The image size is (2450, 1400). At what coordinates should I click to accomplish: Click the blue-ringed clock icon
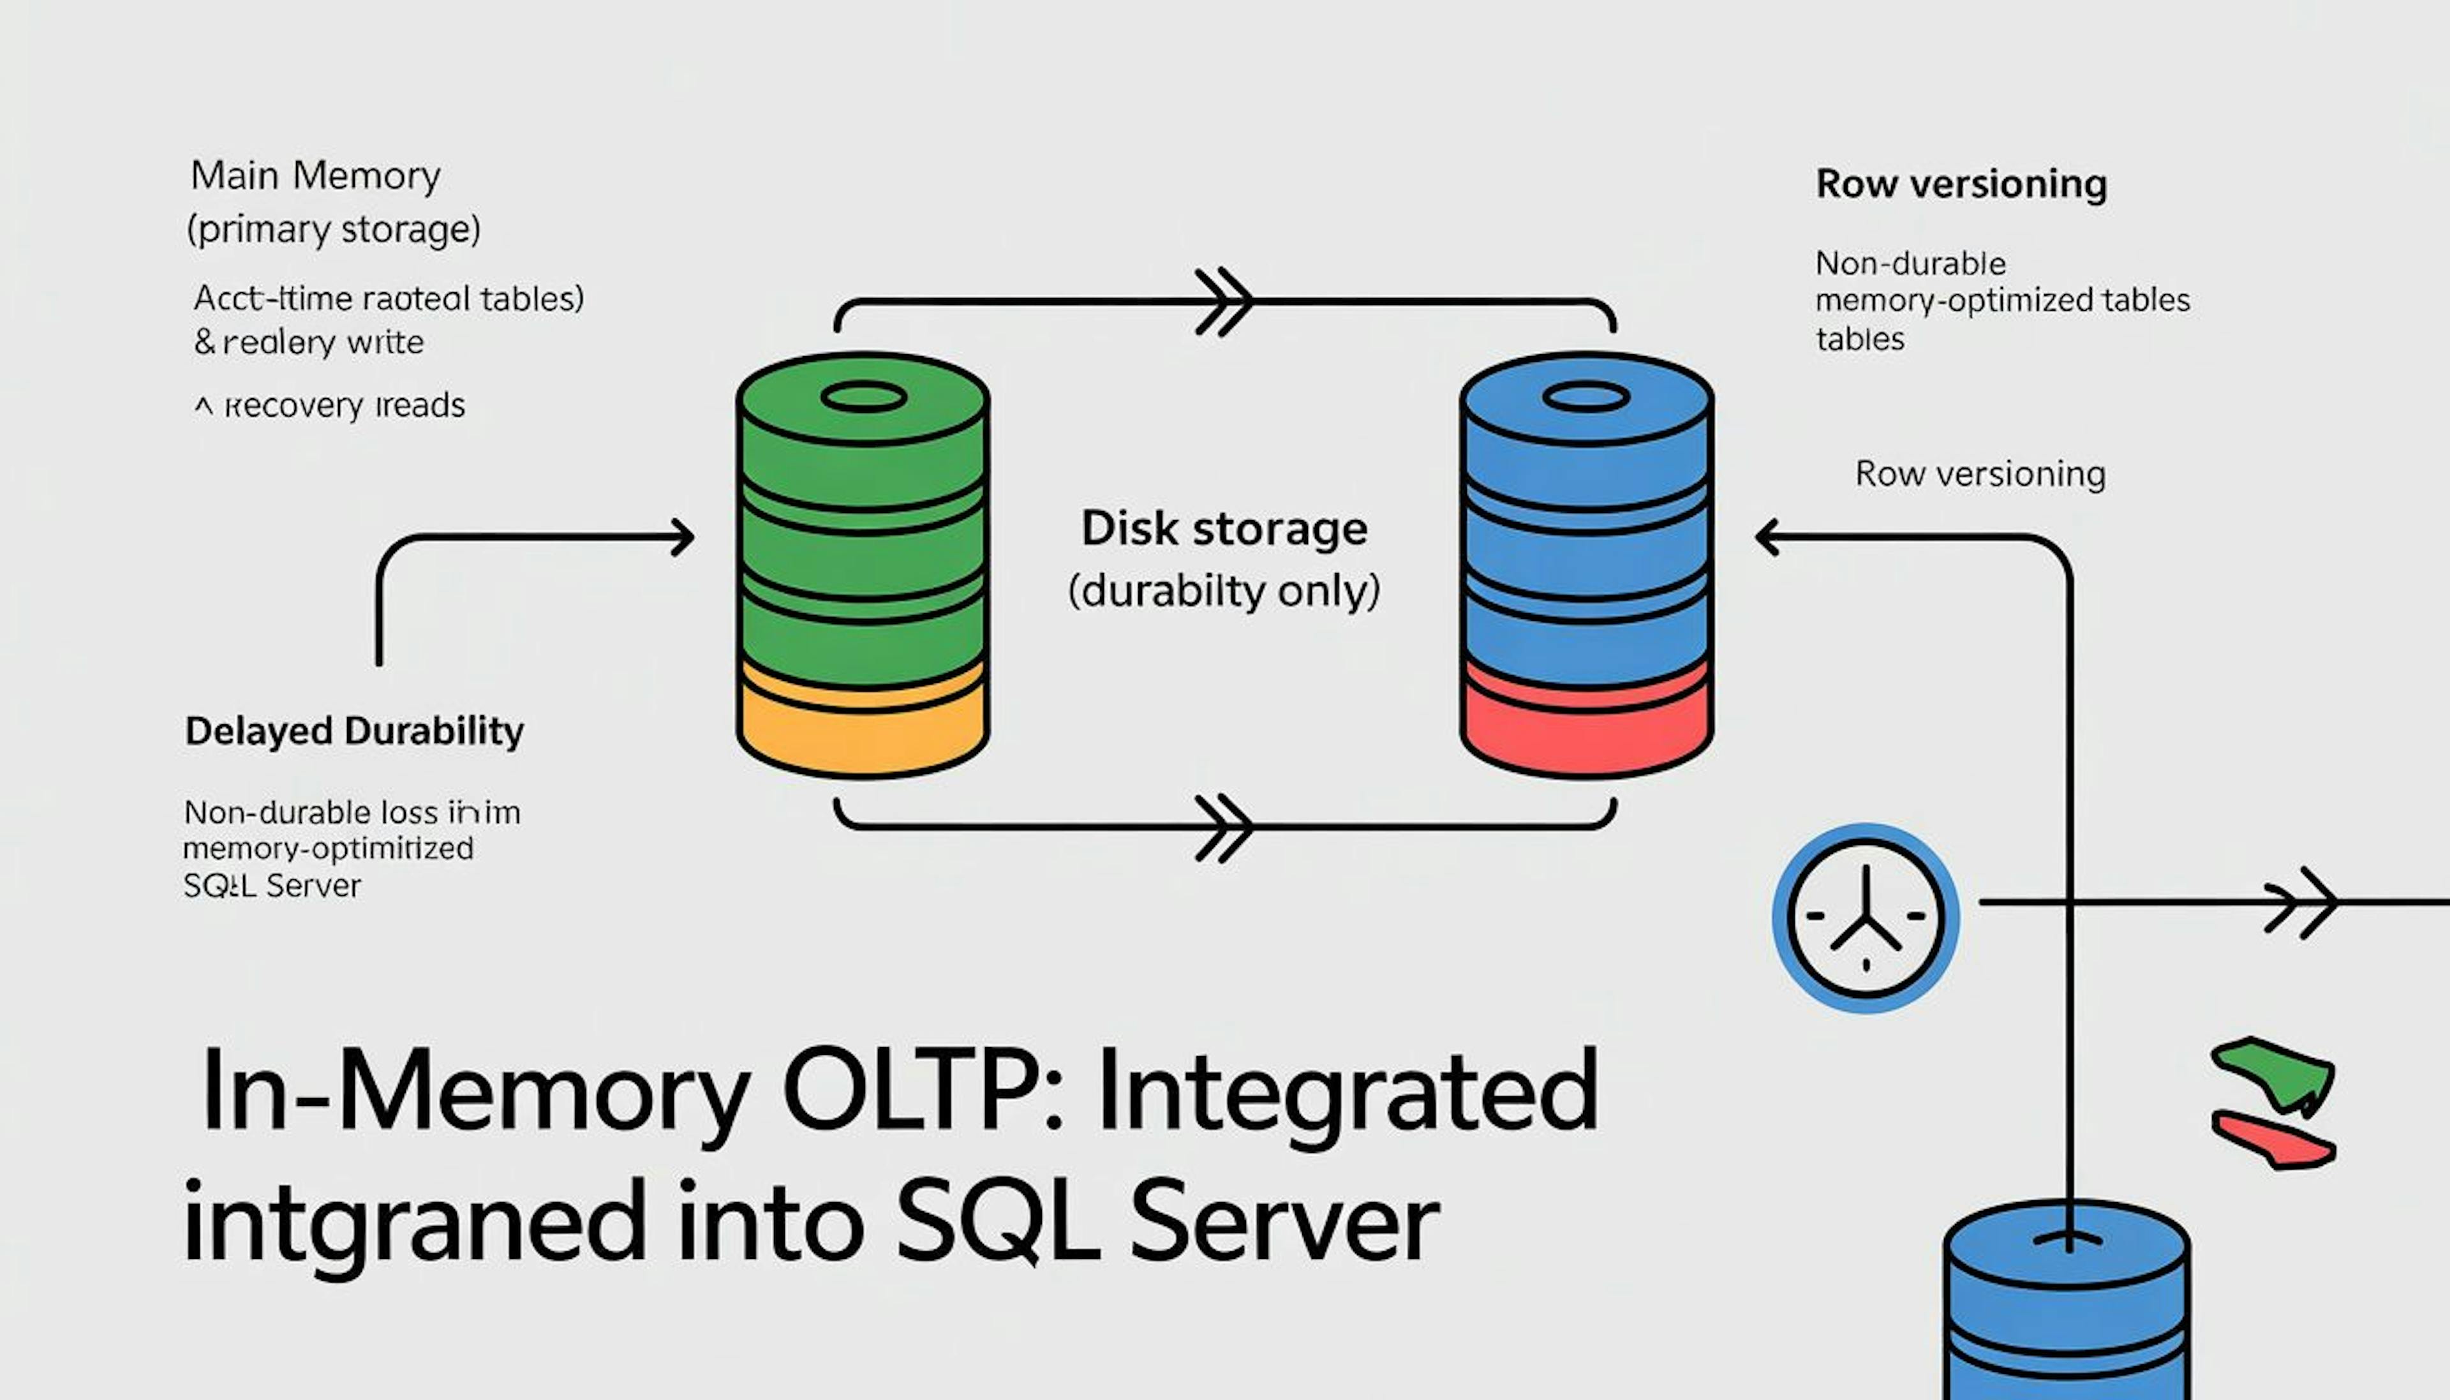(x=1865, y=918)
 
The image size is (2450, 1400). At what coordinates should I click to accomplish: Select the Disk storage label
(x=1224, y=529)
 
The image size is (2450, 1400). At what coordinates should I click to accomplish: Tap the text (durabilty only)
(x=1224, y=590)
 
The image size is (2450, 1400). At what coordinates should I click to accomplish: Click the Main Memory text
(x=315, y=176)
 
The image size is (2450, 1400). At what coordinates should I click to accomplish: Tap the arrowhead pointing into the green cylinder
(x=683, y=537)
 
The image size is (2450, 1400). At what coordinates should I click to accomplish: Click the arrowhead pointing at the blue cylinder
(x=1769, y=537)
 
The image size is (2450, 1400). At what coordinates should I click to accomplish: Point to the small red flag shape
(x=2275, y=1140)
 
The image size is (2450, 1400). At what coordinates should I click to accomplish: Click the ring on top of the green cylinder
(x=863, y=397)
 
